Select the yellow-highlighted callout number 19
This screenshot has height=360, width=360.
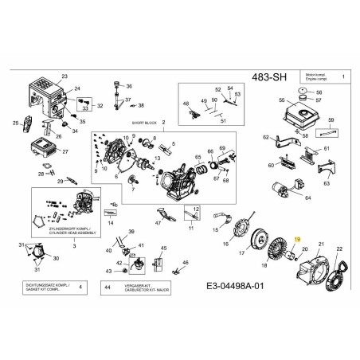click(298, 239)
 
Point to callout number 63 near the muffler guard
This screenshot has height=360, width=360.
click(326, 184)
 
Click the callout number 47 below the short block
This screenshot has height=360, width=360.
click(158, 225)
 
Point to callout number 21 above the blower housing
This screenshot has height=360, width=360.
click(321, 244)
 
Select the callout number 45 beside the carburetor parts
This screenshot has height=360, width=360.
click(164, 248)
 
